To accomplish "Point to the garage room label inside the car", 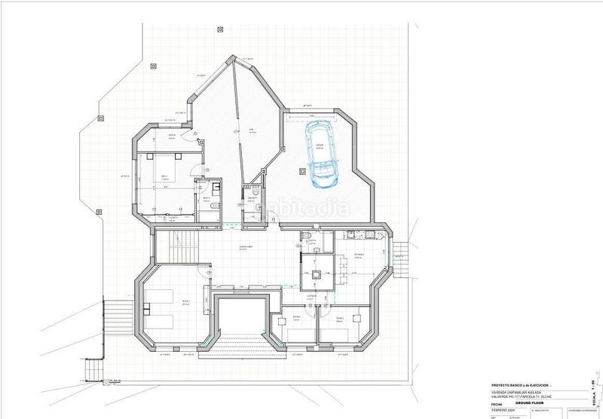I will coord(320,148).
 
